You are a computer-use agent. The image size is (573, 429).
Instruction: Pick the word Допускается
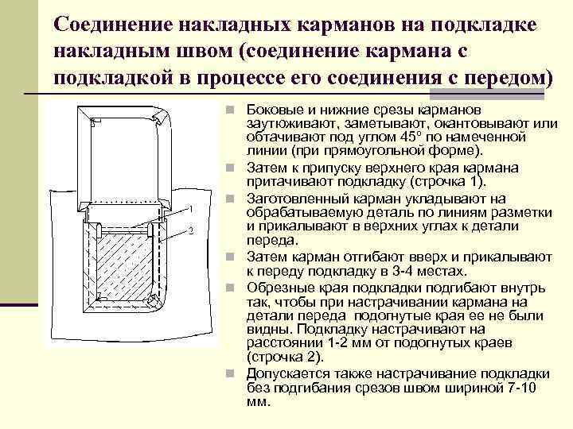(287, 373)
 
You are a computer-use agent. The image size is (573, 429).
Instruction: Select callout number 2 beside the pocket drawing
(191, 231)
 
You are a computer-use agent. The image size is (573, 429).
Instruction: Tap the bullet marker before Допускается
(228, 373)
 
